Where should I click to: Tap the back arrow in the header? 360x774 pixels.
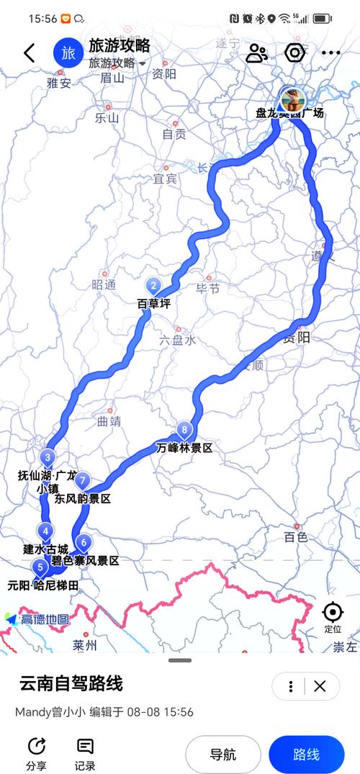click(x=30, y=53)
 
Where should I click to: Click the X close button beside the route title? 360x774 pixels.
click(x=320, y=685)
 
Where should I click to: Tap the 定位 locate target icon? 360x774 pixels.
click(x=333, y=613)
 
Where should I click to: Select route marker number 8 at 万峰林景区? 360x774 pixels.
click(x=186, y=431)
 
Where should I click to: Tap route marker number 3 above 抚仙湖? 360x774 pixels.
click(x=48, y=457)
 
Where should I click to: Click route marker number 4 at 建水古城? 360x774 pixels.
click(x=46, y=532)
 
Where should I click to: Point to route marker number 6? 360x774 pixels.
click(x=84, y=543)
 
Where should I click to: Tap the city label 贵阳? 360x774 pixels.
click(x=296, y=338)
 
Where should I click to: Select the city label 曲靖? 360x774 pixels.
click(x=106, y=420)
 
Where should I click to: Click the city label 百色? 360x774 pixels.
click(x=295, y=536)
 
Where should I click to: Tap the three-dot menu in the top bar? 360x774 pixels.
click(x=330, y=53)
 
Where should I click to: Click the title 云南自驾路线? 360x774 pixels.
click(x=71, y=683)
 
